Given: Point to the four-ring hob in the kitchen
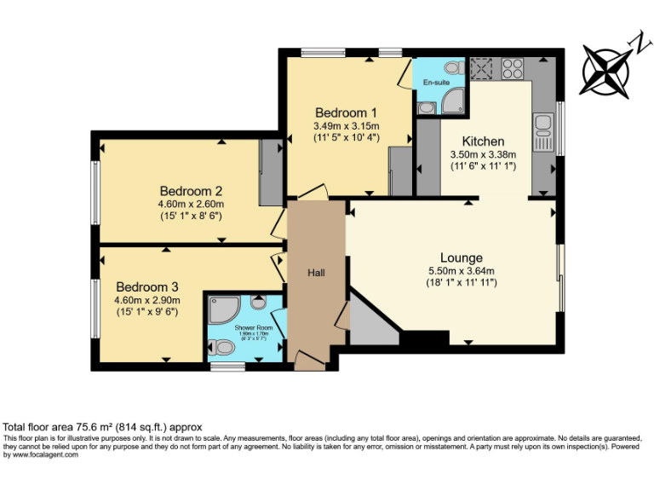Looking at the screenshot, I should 513,67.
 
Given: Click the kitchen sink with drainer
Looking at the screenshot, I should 542,128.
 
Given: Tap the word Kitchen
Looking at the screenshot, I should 483,141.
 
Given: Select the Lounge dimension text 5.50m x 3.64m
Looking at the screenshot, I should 462,272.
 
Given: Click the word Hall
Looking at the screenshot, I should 317,273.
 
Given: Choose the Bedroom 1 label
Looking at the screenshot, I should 346,113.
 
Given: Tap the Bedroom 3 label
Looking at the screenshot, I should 148,286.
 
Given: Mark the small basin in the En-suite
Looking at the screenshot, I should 426,107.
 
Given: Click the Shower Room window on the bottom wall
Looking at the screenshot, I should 227,367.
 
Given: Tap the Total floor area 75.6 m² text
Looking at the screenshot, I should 102,427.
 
